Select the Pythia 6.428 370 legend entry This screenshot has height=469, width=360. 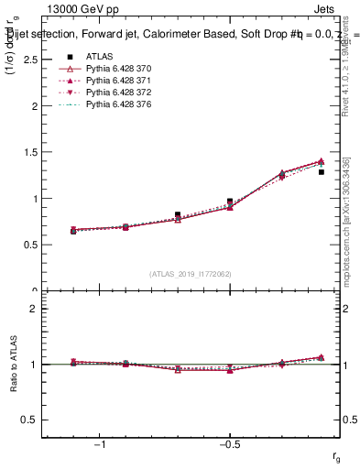111,69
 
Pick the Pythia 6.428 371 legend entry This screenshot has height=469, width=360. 111,81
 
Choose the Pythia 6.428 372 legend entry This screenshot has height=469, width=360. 111,93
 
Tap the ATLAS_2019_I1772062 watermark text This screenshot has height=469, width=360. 191,273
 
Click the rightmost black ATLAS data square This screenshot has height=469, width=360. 322,171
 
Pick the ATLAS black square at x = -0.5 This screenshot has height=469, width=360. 230,201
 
